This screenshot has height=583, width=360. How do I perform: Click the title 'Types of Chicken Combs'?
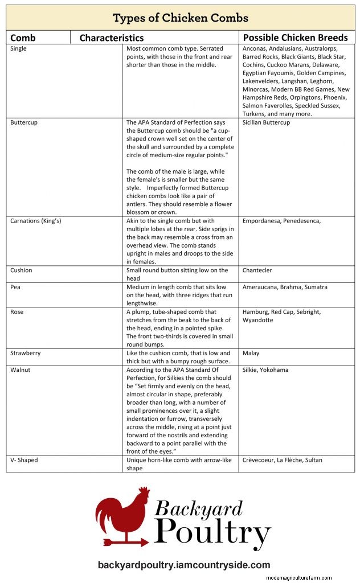[x=180, y=17]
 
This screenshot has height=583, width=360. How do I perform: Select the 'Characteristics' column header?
[x=111, y=38]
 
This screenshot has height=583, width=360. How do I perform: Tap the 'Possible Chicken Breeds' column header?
[x=295, y=38]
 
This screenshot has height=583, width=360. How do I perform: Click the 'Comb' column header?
[x=23, y=38]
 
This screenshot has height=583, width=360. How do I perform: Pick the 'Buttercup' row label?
[x=24, y=122]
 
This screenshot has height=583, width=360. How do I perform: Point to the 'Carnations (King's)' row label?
[x=36, y=221]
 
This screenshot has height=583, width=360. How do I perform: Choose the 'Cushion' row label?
[x=22, y=270]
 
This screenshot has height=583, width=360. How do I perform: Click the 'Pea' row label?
[x=15, y=287]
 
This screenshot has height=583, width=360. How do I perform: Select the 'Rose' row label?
[x=17, y=312]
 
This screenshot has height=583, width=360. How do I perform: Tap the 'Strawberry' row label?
[x=25, y=353]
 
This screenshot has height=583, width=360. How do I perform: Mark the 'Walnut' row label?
[x=21, y=370]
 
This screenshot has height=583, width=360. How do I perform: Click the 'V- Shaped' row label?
[x=24, y=460]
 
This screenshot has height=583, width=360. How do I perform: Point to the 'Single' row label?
[x=18, y=49]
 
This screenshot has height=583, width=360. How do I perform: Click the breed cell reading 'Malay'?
[x=251, y=353]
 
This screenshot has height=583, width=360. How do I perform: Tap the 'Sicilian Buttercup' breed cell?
[x=266, y=122]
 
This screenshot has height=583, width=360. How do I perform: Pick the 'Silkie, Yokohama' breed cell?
[x=265, y=370]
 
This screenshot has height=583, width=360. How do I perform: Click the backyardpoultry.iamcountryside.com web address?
[x=183, y=565]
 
